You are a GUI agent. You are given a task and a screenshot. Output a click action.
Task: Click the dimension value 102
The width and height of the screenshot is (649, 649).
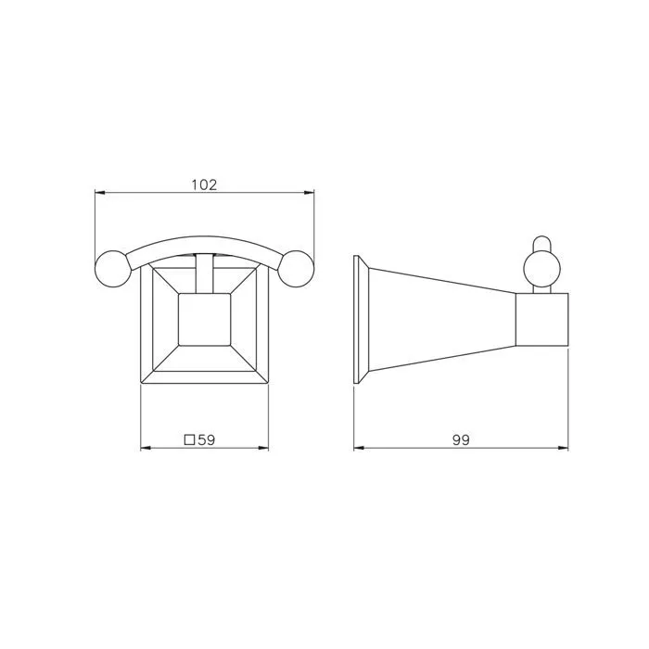click(x=204, y=185)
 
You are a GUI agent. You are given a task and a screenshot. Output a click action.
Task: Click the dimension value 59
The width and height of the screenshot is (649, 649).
click(x=207, y=439)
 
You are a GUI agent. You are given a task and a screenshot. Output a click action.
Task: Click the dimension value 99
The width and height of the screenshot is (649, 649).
click(x=461, y=440)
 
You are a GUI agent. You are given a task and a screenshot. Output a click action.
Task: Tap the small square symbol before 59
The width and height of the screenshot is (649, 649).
click(x=189, y=439)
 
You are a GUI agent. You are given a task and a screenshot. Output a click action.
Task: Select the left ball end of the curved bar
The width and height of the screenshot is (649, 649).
click(x=113, y=269)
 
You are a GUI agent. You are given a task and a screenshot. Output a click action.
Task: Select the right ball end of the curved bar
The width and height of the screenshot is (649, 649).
click(x=296, y=269)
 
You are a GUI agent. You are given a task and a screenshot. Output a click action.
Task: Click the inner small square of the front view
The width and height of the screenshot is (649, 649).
click(x=205, y=320)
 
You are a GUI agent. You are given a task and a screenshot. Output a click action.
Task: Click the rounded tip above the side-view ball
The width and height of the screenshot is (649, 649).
click(x=541, y=243)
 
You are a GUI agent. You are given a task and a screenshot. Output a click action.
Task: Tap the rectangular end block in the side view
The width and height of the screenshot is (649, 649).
click(x=541, y=320)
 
